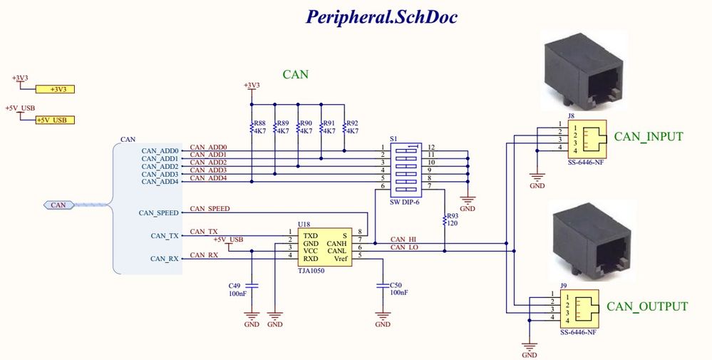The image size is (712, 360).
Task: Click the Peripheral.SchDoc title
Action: [381, 16]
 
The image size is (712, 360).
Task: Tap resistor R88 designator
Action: [259, 123]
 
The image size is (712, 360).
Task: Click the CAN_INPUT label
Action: [649, 137]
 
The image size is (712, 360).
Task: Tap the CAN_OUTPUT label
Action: [647, 307]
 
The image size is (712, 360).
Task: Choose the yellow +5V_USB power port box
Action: [55, 120]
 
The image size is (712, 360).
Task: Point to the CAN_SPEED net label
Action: [210, 209]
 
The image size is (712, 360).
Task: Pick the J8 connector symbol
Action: [585, 138]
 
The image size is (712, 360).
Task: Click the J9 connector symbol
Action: [578, 308]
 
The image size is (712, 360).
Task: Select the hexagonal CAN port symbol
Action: [58, 205]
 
